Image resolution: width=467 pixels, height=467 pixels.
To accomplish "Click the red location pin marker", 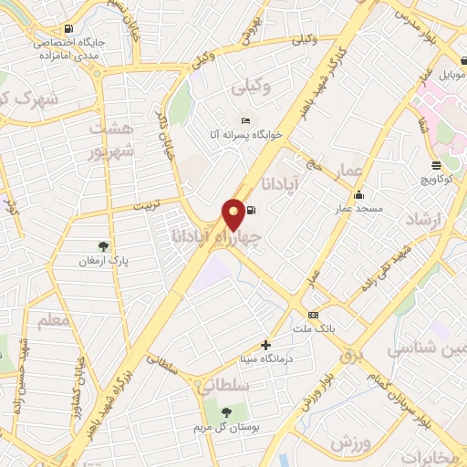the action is pyautogui.click(x=234, y=214).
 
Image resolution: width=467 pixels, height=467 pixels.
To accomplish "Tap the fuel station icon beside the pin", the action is pyautogui.click(x=251, y=211).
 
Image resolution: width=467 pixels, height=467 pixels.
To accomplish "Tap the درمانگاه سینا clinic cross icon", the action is pyautogui.click(x=265, y=345).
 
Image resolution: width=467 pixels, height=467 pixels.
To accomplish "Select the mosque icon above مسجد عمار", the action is pyautogui.click(x=358, y=194).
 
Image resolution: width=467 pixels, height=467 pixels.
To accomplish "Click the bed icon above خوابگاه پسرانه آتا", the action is pyautogui.click(x=244, y=121).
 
